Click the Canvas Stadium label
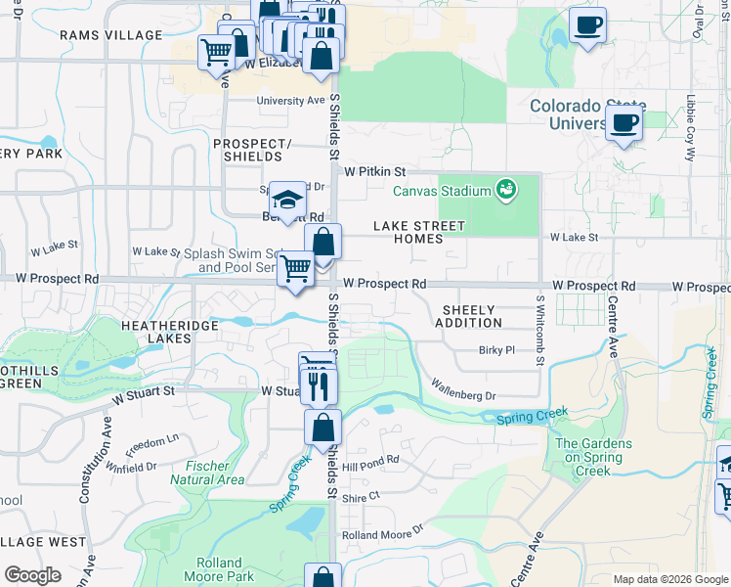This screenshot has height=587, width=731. click(x=442, y=190)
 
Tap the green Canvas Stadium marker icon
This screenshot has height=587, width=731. click(x=506, y=188)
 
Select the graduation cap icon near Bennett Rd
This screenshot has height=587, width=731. click(x=287, y=203)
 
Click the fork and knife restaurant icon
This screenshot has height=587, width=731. click(x=319, y=386)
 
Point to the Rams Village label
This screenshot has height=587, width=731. click(x=110, y=35)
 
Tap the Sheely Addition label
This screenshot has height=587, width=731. click(x=468, y=316)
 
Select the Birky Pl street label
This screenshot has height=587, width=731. click(x=496, y=350)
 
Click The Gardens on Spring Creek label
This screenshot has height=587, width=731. click(x=593, y=457)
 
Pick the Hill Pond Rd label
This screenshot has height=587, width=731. click(x=378, y=460)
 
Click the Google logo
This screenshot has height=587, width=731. click(x=33, y=574)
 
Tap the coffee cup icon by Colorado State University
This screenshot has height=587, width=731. click(x=623, y=124)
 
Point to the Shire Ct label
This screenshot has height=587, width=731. click(x=360, y=497)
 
